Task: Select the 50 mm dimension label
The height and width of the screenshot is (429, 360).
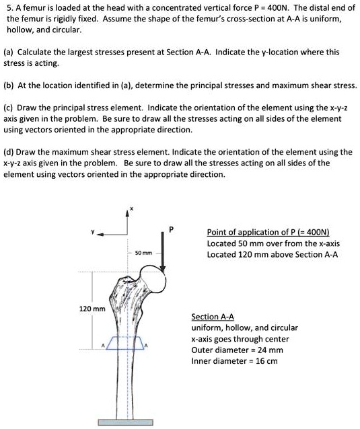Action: click(x=143, y=253)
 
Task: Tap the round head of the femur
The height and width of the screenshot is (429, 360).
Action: click(x=165, y=276)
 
